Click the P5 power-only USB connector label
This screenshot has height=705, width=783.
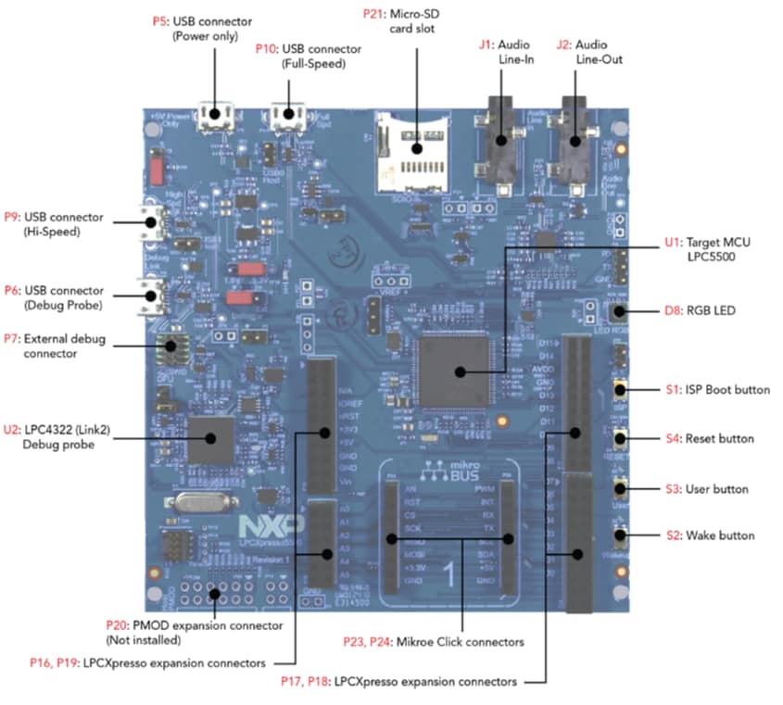[208, 28]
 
